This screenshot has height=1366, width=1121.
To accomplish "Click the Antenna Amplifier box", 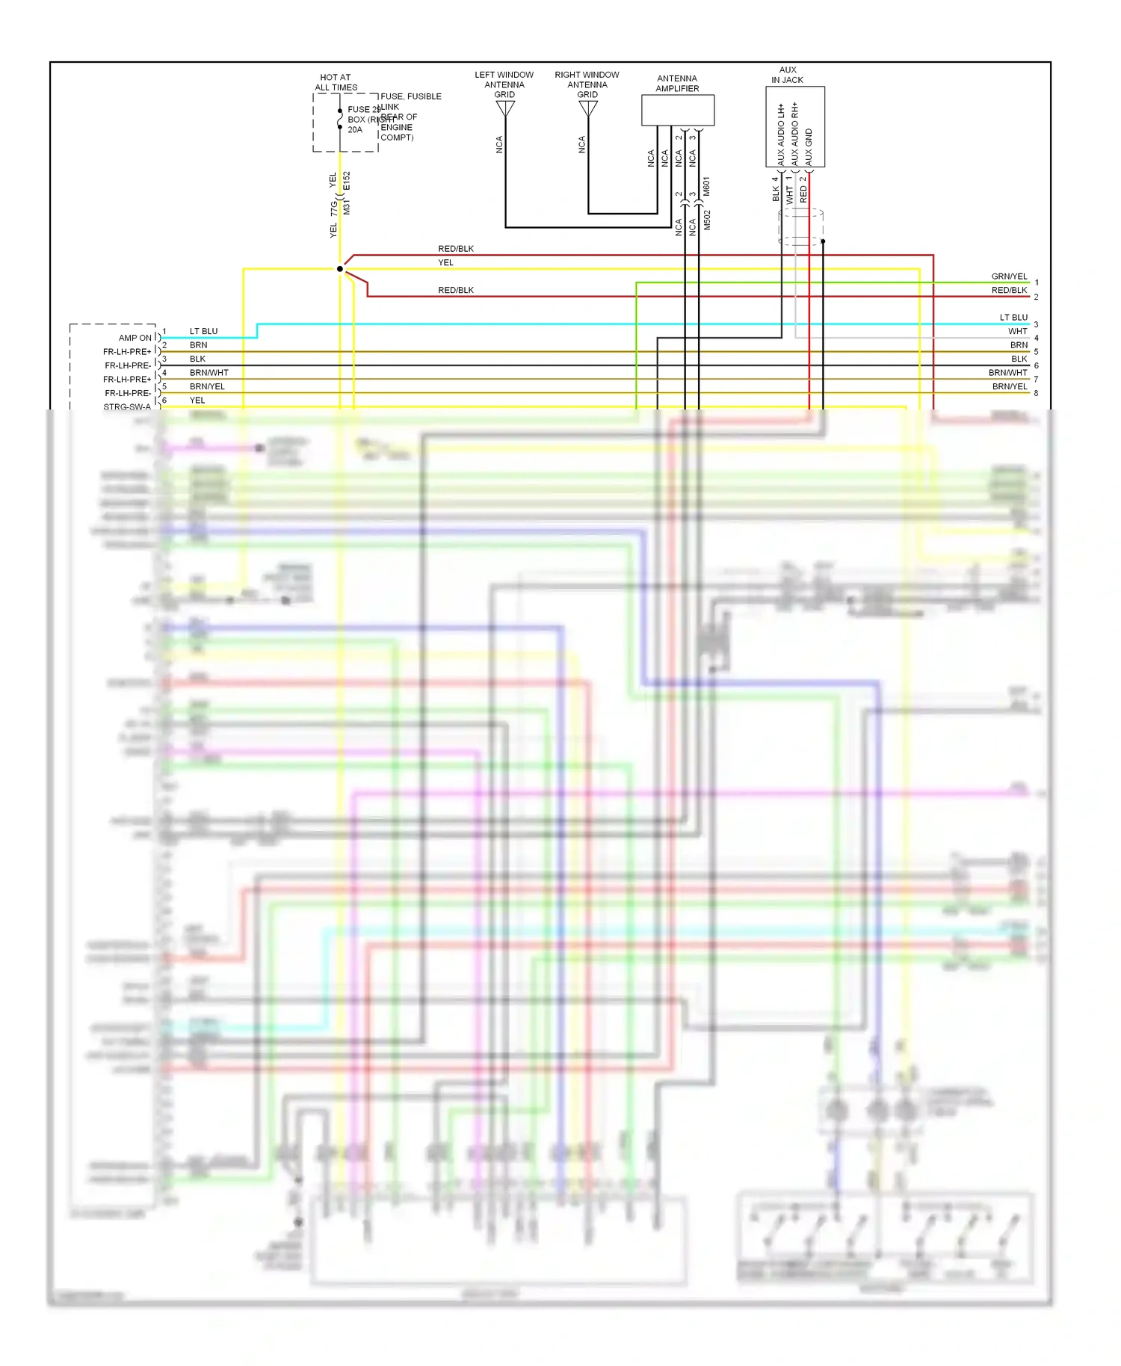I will pos(677,111).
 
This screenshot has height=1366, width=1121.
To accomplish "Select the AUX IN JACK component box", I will pos(794,126).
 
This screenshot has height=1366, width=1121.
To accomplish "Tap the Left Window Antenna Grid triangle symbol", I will pos(505,109).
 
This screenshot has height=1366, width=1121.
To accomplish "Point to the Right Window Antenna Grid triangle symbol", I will pos(588,109).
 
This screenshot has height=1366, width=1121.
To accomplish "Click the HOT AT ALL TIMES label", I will pos(336,82).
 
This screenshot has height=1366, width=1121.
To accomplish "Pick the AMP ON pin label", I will pos(135,338).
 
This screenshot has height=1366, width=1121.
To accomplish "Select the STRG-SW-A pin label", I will pos(127,407).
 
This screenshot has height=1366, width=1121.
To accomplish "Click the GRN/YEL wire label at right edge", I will pos(1009,276).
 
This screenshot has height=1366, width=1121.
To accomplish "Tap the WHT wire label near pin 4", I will pos(1017,331).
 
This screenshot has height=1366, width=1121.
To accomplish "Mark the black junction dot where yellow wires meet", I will pos(340,269).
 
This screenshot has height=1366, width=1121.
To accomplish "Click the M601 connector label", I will pos(706,187).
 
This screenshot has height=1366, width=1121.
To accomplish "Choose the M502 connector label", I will pos(706,220).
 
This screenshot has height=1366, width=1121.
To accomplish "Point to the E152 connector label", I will pos(346,182).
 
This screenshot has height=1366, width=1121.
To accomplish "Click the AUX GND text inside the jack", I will pos(809,146).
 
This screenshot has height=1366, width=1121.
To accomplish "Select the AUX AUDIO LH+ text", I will pos(781,135).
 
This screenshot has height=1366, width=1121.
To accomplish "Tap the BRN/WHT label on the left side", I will pos(209,372).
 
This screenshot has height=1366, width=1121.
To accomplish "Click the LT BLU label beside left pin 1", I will pos(203,331).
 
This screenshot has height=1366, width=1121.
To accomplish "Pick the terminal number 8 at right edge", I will pos(1036,393).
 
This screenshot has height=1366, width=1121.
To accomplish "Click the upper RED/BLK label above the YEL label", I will pos(456,249).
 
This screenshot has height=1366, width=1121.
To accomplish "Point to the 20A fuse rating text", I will pos(355,130).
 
